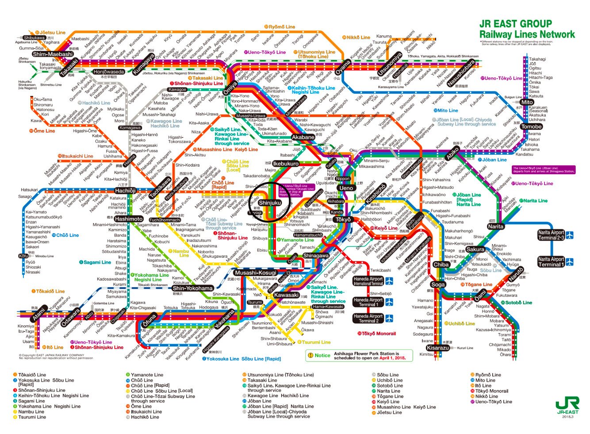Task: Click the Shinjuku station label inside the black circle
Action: (x=270, y=203)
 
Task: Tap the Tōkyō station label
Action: (x=343, y=220)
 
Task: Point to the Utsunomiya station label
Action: (x=389, y=65)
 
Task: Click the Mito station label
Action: (x=526, y=102)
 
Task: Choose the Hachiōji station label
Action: (x=125, y=190)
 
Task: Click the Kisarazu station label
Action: (x=438, y=348)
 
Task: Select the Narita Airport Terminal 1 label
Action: (x=551, y=262)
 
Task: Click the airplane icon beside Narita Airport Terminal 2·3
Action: (x=570, y=235)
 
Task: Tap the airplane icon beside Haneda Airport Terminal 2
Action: (x=389, y=318)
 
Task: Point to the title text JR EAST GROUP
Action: (x=515, y=24)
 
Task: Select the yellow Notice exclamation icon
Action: (x=310, y=355)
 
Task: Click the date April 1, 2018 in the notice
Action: (x=392, y=358)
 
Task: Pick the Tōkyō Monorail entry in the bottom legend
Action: (x=491, y=391)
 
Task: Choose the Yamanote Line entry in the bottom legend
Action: (x=147, y=375)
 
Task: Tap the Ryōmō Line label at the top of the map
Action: (x=281, y=27)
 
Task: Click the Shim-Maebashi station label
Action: (x=52, y=54)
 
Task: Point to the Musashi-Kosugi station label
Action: (x=255, y=273)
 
